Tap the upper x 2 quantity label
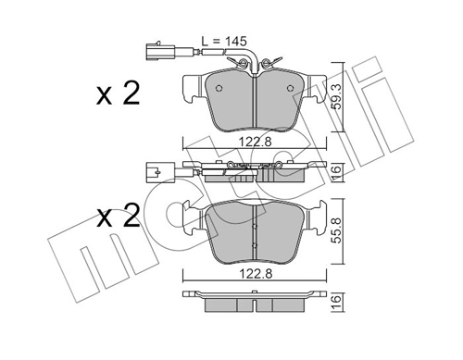[118, 94]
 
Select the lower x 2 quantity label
[118, 217]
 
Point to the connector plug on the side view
[155, 170]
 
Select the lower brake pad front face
[256, 230]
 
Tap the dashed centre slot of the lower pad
[256, 232]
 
